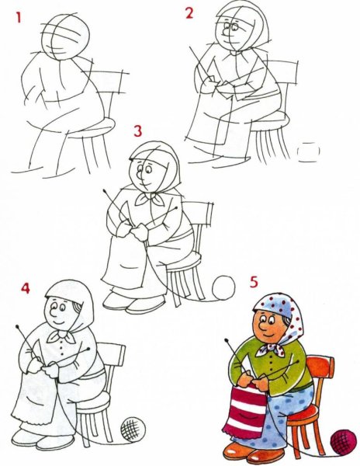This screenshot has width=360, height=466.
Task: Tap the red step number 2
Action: (189, 12)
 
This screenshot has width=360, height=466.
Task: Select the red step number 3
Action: (137, 130)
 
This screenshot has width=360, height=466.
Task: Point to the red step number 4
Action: (26, 289)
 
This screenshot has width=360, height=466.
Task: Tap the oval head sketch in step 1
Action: (66, 35)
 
